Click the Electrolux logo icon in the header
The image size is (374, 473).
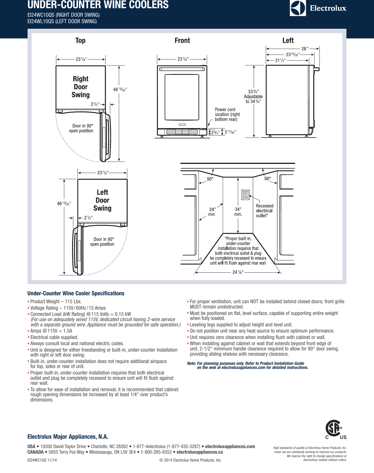[x=298, y=8]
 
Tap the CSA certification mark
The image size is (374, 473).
[x=334, y=429]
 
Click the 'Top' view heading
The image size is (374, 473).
[x=80, y=40]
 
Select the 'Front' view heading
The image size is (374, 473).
[x=182, y=40]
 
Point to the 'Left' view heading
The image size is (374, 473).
[x=288, y=40]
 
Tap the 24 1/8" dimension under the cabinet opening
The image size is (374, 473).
[x=238, y=272]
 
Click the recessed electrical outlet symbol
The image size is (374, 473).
[x=246, y=195]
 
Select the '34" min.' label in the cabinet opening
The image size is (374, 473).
[x=238, y=212]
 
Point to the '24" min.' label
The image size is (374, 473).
[x=212, y=212]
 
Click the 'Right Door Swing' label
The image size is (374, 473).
[x=81, y=87]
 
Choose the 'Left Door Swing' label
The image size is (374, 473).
[x=102, y=200]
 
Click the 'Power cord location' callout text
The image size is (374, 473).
[x=227, y=114]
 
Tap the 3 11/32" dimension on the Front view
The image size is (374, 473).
[x=230, y=132]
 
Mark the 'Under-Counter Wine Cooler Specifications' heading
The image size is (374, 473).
[x=76, y=293]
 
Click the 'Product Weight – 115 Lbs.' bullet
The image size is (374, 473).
[x=56, y=301]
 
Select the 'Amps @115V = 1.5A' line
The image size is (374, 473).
[x=51, y=331]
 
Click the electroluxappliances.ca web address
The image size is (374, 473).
[x=199, y=452]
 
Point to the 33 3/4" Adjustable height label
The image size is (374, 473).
[x=253, y=96]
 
